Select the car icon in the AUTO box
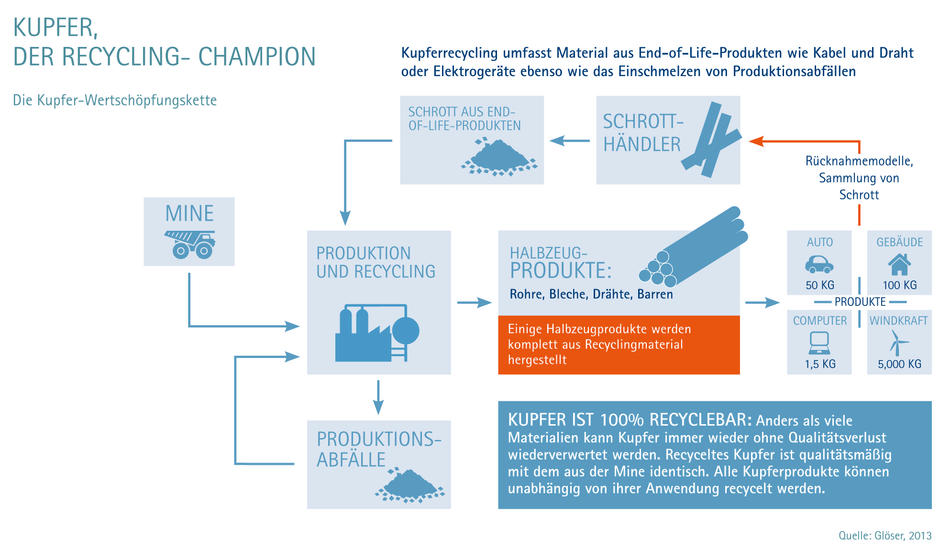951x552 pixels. (x=819, y=264)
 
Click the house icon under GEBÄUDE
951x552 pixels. (x=899, y=264)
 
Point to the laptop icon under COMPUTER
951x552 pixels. (x=819, y=342)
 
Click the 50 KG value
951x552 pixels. (x=820, y=285)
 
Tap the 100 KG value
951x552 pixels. (x=900, y=285)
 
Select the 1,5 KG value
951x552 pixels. (x=820, y=364)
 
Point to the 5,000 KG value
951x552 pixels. (x=899, y=364)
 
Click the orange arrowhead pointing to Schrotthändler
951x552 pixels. (x=756, y=141)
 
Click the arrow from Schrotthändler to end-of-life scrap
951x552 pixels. (x=570, y=141)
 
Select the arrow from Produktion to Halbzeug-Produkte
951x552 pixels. (x=475, y=303)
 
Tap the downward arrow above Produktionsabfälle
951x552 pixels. (x=378, y=397)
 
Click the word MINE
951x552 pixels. (x=189, y=214)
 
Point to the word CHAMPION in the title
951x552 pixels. (x=257, y=56)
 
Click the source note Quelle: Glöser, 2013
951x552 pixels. (x=885, y=536)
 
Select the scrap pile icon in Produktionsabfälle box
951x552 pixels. (x=410, y=486)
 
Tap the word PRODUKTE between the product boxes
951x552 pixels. (x=860, y=302)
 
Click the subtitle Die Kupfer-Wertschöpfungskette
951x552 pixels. (x=115, y=100)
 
